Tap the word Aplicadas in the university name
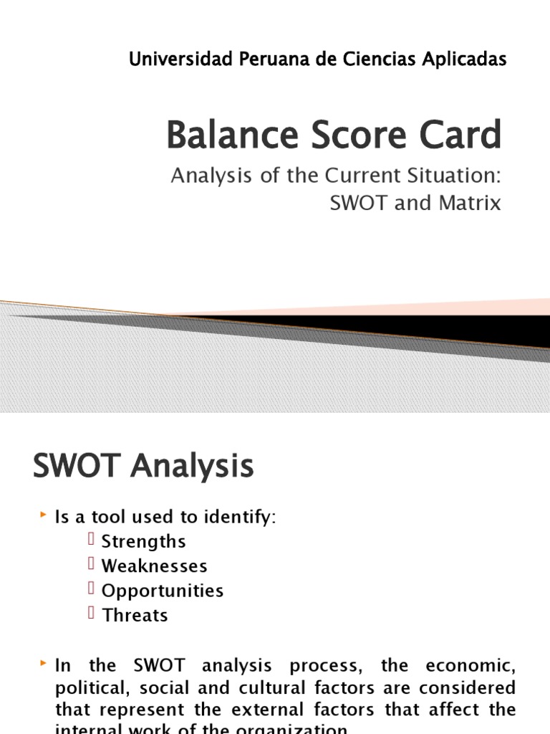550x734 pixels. click(469, 59)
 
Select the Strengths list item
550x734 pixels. click(143, 541)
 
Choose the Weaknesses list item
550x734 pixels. click(154, 566)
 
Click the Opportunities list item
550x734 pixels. click(163, 591)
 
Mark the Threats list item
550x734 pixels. click(135, 615)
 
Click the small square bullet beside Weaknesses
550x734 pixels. click(92, 565)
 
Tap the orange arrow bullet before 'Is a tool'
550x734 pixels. click(42, 515)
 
